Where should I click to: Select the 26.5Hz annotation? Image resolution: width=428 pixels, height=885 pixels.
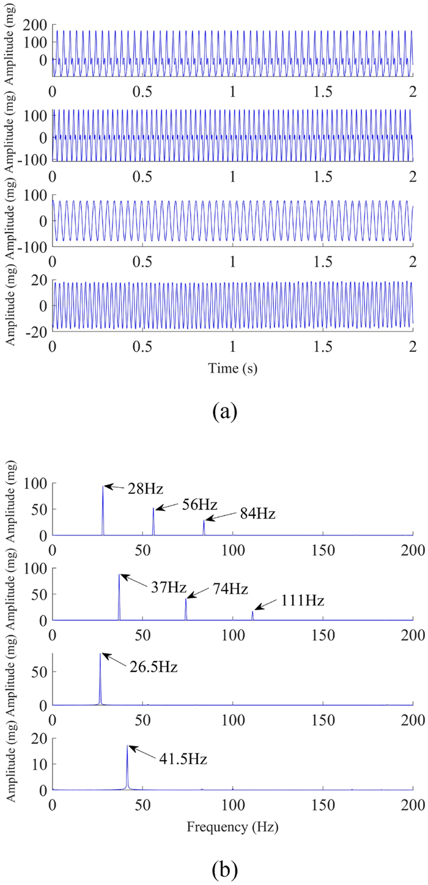(153, 667)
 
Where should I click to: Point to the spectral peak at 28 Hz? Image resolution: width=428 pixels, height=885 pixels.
(103, 486)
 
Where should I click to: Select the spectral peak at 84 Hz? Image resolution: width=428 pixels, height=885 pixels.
(204, 520)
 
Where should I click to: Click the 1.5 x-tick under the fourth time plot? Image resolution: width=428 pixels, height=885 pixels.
(322, 348)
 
